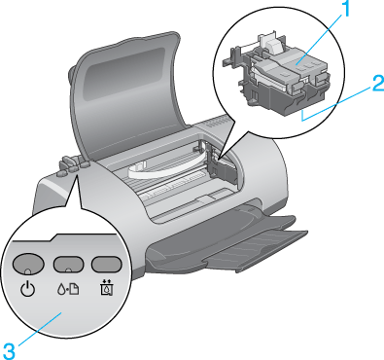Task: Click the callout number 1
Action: tap(345, 9)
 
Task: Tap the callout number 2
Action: tap(377, 84)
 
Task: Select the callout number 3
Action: tap(8, 351)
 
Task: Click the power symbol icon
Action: tap(28, 289)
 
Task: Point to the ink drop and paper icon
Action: tap(68, 289)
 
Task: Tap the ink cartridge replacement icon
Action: tap(106, 288)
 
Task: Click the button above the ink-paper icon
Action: tap(68, 264)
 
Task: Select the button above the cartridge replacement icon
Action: tap(106, 264)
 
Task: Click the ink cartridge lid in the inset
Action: tap(292, 65)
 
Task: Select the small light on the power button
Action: tap(28, 270)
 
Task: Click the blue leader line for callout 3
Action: tap(38, 329)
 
